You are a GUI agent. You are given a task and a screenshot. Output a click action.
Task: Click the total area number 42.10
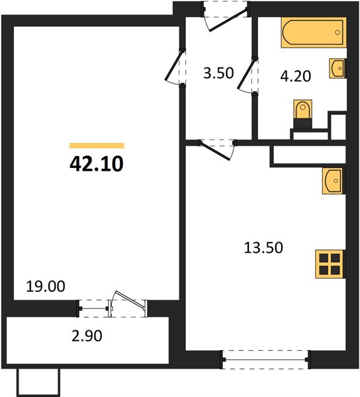pyautogui.click(x=97, y=164)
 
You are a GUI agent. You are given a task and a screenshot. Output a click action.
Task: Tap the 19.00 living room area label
pyautogui.click(x=46, y=287)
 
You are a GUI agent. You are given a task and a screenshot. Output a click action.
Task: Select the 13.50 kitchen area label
pyautogui.click(x=263, y=247)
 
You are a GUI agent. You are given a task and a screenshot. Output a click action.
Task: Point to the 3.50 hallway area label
pyautogui.click(x=218, y=73)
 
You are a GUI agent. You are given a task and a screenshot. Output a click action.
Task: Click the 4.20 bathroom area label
pyautogui.click(x=295, y=76)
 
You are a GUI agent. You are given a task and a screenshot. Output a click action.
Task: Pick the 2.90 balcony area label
pyautogui.click(x=87, y=336)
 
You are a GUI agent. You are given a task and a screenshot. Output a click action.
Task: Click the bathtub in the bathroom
pyautogui.click(x=314, y=32)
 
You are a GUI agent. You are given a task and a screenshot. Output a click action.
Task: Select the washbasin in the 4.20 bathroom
pyautogui.click(x=337, y=68)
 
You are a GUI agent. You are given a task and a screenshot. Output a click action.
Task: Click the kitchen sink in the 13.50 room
pyautogui.click(x=334, y=181)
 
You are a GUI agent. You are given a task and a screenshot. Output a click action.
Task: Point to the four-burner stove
pyautogui.click(x=330, y=264)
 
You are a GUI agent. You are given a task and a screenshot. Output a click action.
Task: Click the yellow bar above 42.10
pyautogui.click(x=97, y=146)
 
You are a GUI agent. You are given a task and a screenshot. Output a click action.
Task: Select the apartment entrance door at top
pyautogui.click(x=228, y=20)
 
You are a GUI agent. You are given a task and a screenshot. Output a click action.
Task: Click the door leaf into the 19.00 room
pyautogui.click(x=173, y=66)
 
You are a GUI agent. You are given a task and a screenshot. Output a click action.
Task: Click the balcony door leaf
pyautogui.click(x=130, y=300)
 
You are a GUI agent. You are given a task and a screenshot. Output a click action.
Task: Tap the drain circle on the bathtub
pyautogui.click(x=337, y=32)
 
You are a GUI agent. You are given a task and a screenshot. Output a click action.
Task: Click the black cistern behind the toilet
pyautogui.click(x=302, y=123)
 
